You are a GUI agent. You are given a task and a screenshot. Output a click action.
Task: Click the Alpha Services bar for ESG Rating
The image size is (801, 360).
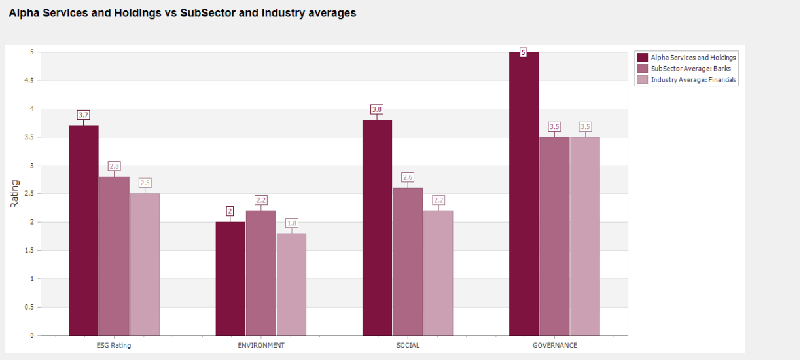tap(84, 230)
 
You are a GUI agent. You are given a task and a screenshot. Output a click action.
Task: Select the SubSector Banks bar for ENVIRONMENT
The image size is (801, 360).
tap(261, 273)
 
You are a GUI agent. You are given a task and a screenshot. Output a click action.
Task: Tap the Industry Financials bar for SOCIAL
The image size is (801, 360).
tap(438, 273)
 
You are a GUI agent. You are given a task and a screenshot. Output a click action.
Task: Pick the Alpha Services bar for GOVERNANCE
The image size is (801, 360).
tap(524, 194)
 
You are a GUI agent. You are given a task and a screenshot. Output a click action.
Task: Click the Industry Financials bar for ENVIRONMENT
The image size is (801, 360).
tap(291, 285)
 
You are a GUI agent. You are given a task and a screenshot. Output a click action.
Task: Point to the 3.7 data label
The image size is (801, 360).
tap(83, 115)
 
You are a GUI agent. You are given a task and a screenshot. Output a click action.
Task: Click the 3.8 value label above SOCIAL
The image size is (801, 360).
tap(377, 109)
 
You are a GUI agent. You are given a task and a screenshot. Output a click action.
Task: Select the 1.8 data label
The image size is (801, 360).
tap(292, 223)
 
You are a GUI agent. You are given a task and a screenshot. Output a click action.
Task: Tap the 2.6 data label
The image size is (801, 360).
tap(408, 177)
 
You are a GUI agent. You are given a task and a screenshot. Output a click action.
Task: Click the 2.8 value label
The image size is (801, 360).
tap(114, 166)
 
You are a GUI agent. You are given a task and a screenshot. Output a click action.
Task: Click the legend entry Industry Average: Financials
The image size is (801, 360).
tap(686, 80)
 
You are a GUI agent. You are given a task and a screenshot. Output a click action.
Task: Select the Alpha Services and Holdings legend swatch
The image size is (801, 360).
tap(642, 58)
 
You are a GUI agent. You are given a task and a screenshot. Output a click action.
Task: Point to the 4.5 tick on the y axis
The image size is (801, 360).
tap(29, 81)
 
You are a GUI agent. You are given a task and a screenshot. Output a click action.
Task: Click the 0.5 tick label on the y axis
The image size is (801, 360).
tap(29, 307)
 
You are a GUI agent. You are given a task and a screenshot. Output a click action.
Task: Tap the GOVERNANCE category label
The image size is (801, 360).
tap(555, 346)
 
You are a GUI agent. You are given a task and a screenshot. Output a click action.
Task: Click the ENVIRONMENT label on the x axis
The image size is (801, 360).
tap(261, 346)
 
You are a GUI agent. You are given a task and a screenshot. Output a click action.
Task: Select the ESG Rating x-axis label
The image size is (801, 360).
tap(114, 346)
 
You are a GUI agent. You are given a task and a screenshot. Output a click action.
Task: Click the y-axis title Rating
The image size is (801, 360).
tap(14, 194)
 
